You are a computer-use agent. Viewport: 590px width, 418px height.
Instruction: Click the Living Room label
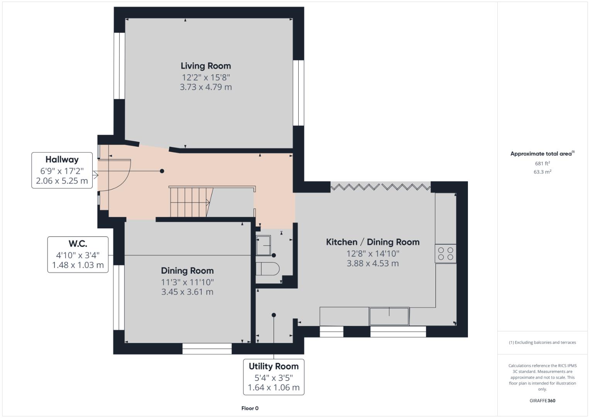click(206, 66)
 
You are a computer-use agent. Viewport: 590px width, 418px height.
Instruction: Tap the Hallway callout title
click(62, 159)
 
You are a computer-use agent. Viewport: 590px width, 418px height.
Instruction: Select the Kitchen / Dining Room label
click(373, 242)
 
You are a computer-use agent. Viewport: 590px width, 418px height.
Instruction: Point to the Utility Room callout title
click(274, 366)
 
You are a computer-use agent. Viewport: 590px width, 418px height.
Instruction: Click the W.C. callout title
click(78, 243)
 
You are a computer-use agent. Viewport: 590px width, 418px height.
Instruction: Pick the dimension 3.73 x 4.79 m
click(206, 87)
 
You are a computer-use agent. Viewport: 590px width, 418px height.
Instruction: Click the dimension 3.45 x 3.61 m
click(187, 292)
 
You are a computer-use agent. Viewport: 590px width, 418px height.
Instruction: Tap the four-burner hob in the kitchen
click(445, 254)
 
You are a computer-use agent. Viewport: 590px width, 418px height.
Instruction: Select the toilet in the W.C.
click(267, 269)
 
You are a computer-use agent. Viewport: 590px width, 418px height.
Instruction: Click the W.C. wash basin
click(264, 246)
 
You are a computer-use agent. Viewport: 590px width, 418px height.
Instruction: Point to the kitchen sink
click(389, 316)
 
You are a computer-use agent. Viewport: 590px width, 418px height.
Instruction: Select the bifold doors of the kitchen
click(381, 187)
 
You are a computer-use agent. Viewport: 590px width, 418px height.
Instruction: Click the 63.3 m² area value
click(542, 172)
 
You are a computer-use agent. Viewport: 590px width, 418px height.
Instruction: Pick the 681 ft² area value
click(542, 163)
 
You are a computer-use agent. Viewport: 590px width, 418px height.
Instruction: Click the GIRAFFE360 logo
click(542, 401)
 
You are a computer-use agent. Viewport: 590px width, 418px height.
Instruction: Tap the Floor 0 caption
click(250, 408)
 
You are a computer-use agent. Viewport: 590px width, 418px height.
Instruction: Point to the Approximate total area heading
click(542, 154)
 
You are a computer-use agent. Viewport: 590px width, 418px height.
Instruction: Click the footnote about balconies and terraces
click(542, 343)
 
